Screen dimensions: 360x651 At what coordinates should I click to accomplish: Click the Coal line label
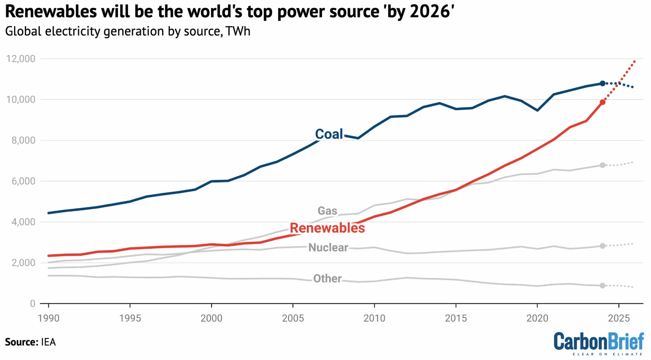(x=329, y=134)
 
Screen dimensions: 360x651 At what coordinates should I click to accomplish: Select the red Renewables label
(x=327, y=228)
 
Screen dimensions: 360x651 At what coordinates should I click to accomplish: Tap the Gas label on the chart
(x=327, y=211)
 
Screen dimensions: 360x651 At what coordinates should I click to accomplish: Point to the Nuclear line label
(x=328, y=248)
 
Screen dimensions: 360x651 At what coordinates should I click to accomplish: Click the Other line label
(x=327, y=278)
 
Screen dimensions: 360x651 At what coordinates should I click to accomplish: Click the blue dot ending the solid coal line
(x=602, y=83)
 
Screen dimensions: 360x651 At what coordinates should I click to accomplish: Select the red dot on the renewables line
(x=602, y=102)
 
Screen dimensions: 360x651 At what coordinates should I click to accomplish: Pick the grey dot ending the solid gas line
(x=602, y=165)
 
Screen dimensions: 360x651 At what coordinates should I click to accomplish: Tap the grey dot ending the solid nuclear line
(x=602, y=246)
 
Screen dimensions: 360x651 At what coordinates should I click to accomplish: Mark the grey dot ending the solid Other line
(x=602, y=286)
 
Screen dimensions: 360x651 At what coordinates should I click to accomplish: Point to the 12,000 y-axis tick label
(x=21, y=59)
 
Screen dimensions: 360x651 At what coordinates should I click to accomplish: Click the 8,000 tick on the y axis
(x=24, y=140)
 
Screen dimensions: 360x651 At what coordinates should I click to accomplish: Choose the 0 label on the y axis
(x=32, y=303)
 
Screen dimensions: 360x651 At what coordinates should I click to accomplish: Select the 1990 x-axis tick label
(x=48, y=318)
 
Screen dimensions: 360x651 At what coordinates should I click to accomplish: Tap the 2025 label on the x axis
(x=619, y=318)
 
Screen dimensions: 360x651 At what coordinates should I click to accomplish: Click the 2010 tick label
(x=374, y=318)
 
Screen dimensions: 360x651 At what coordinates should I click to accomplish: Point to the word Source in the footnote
(x=20, y=342)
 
